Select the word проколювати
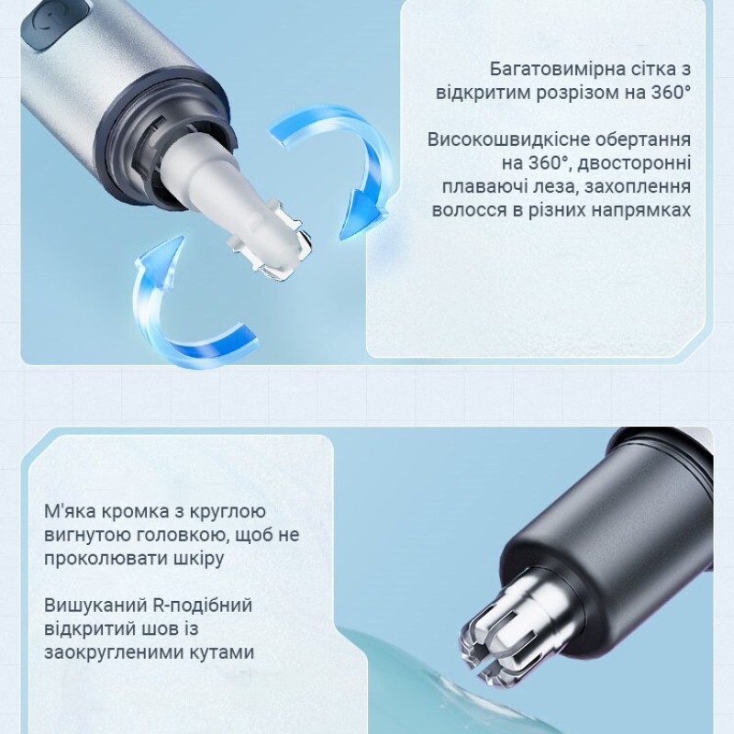coord(105,558)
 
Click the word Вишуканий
coord(86,606)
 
